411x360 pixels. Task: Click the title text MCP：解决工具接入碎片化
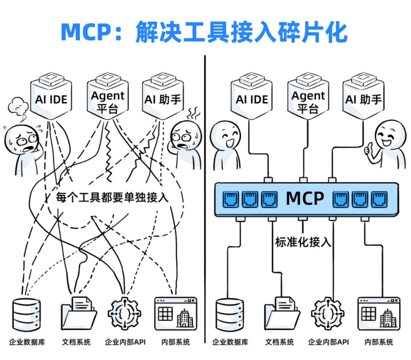204,33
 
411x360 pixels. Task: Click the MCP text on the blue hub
304,198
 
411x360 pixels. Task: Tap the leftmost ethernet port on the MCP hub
231,199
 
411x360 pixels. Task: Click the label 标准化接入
303,242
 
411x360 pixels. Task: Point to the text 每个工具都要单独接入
112,198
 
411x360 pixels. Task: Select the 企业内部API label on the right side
328,342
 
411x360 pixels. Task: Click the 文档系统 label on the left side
76,342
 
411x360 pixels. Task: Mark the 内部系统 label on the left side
175,342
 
